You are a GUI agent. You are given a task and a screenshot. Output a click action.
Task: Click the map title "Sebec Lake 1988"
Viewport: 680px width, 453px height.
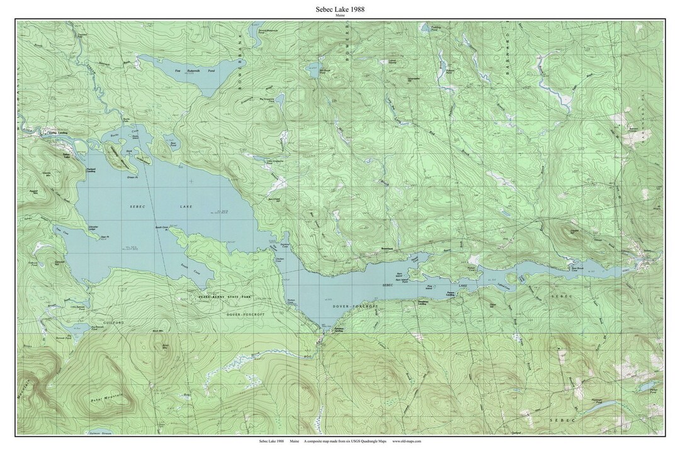tap(340, 9)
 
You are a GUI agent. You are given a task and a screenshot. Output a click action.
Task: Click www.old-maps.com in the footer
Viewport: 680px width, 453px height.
tap(406, 442)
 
